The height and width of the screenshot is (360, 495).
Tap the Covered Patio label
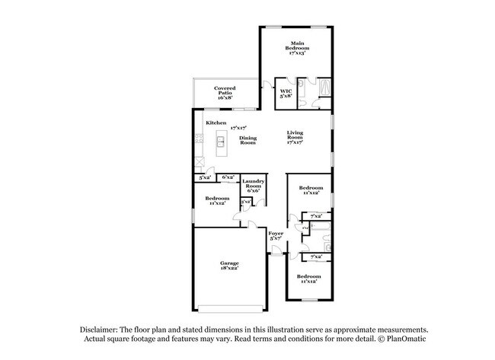(224, 94)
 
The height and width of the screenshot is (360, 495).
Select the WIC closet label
(286, 94)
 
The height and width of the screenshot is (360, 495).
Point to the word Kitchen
(216, 123)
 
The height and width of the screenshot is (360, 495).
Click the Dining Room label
(247, 140)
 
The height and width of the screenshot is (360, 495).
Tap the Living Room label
(295, 138)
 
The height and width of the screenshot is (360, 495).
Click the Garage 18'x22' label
(229, 266)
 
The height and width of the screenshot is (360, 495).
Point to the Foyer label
(276, 236)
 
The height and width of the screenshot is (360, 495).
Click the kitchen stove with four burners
(199, 139)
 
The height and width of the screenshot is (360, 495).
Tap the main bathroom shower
(324, 87)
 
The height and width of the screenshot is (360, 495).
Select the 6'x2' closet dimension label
(228, 177)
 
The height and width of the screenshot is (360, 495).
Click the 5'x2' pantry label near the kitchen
(204, 177)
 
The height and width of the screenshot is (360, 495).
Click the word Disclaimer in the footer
(102, 329)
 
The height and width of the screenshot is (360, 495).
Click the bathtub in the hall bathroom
(319, 228)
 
